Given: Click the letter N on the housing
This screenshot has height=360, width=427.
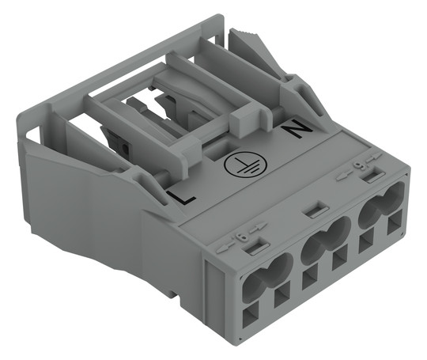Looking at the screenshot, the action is click(296, 131).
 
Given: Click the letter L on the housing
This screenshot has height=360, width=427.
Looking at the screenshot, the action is click(181, 197).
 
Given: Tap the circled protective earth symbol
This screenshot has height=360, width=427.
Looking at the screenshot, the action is click(245, 165).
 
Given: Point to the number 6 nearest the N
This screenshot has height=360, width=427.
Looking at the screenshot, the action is click(357, 165).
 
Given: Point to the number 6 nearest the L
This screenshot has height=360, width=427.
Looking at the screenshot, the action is click(242, 237).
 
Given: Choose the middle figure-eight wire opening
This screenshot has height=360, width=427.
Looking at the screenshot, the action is click(326, 238).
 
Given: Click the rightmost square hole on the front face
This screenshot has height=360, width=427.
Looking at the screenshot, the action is click(395, 222).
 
